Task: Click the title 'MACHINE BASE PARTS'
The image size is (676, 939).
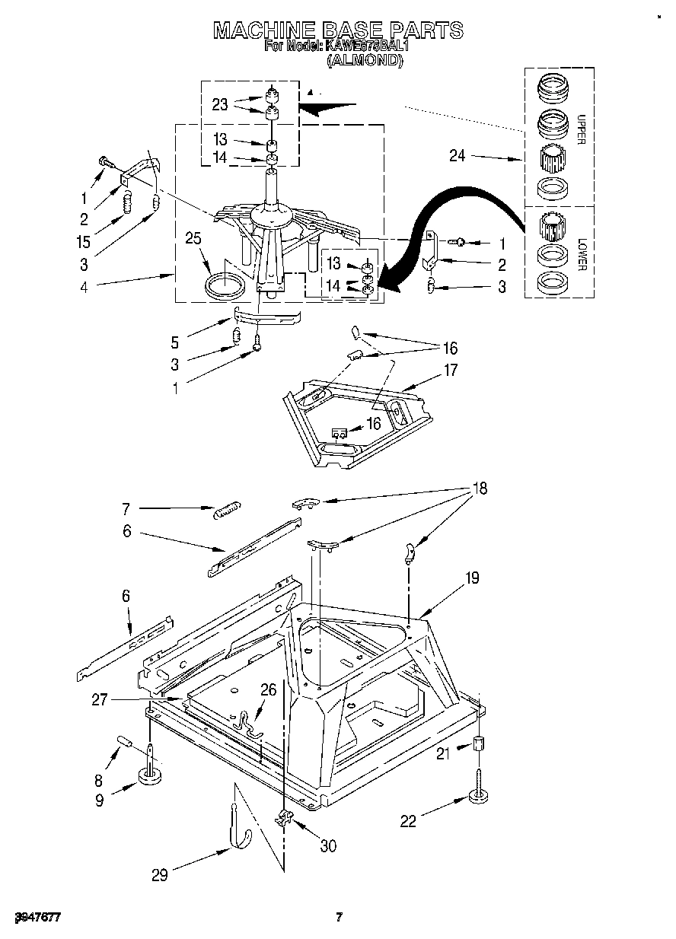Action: click(x=337, y=30)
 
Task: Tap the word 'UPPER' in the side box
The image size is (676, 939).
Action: click(x=581, y=130)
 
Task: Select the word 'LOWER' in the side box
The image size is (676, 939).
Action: click(x=582, y=254)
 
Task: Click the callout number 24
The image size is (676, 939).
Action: click(x=458, y=157)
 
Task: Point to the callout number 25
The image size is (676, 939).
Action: click(x=193, y=240)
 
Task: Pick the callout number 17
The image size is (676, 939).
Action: click(x=451, y=371)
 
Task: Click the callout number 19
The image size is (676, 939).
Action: click(x=472, y=578)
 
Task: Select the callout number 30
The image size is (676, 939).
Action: click(x=327, y=845)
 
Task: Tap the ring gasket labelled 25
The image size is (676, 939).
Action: click(x=226, y=286)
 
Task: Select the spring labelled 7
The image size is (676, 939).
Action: click(x=227, y=509)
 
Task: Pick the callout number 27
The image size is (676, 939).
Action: click(x=99, y=700)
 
